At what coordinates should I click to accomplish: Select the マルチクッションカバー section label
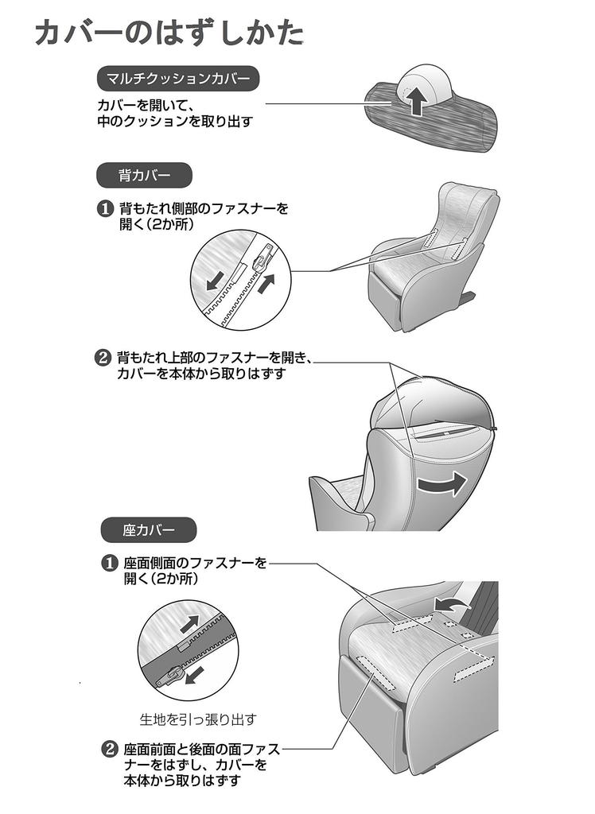tap(177, 79)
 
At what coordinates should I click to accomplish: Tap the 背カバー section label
tap(144, 175)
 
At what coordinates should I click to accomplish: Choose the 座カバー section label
tap(149, 528)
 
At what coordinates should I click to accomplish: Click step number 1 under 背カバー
tap(105, 209)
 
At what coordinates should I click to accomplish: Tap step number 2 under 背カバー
tap(103, 358)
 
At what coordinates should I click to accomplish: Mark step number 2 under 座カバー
tap(109, 750)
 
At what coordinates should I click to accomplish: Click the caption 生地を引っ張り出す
tap(197, 719)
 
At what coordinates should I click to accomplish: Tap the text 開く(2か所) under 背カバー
tap(157, 225)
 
